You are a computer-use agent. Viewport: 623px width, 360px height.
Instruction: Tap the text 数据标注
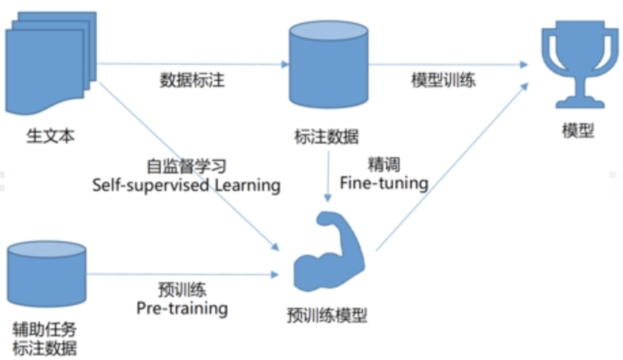click(192, 80)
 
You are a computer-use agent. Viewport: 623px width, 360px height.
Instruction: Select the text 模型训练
click(443, 80)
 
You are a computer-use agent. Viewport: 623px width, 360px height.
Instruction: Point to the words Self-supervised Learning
click(186, 185)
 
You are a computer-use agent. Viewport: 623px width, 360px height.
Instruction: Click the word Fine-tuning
click(384, 183)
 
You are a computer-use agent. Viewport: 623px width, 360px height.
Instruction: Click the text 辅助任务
click(44, 331)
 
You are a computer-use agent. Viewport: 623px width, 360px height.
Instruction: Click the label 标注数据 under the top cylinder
click(326, 137)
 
